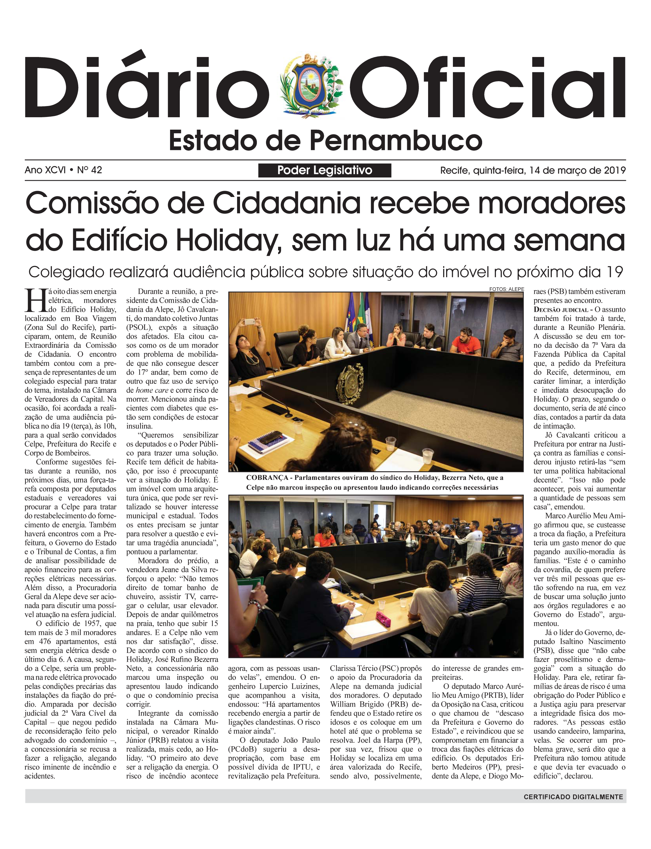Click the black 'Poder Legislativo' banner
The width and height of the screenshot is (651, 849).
click(x=324, y=170)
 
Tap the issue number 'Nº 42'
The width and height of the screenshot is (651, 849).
click(x=89, y=170)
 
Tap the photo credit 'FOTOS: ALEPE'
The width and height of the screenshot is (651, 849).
click(x=506, y=289)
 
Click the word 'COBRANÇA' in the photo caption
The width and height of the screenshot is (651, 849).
click(x=267, y=478)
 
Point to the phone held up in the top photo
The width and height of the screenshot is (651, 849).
click(x=249, y=322)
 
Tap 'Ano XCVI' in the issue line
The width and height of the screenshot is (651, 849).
click(x=45, y=170)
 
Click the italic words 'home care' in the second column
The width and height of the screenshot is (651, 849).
click(x=151, y=390)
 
